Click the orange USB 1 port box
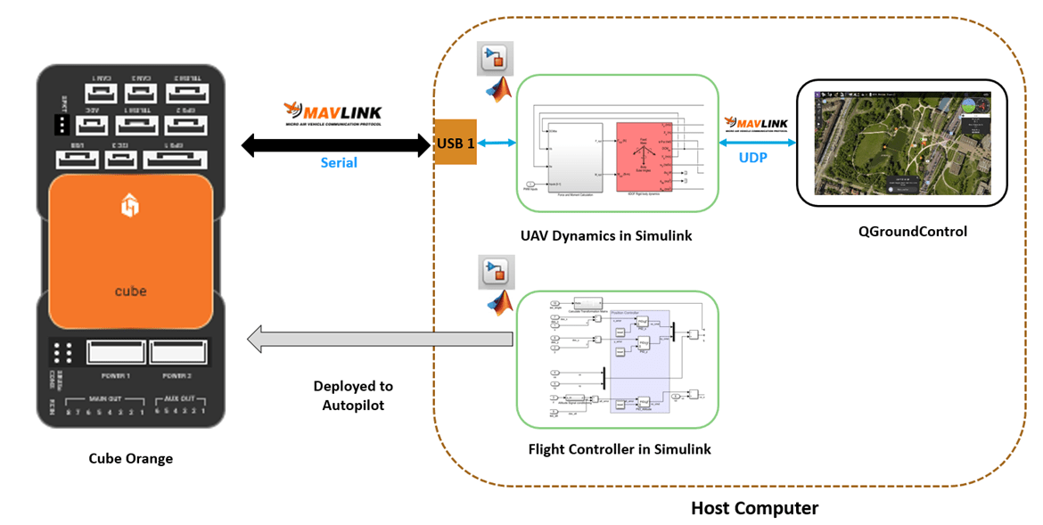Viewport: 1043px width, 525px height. (x=455, y=142)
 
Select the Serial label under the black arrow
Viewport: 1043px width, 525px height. (x=339, y=163)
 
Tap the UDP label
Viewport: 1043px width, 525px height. (x=756, y=156)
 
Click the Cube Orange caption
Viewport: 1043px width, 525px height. (x=130, y=459)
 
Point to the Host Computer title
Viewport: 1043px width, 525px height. (x=754, y=509)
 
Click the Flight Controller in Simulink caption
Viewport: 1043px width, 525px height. (x=620, y=449)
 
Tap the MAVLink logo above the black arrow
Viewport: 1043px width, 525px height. (x=333, y=114)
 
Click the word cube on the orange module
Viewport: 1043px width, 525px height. (x=130, y=291)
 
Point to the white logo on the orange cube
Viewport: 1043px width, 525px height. (x=130, y=208)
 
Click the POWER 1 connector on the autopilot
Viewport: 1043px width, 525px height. (x=117, y=352)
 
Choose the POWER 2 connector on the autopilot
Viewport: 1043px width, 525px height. (x=178, y=352)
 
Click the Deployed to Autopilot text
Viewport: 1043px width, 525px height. (x=353, y=396)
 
